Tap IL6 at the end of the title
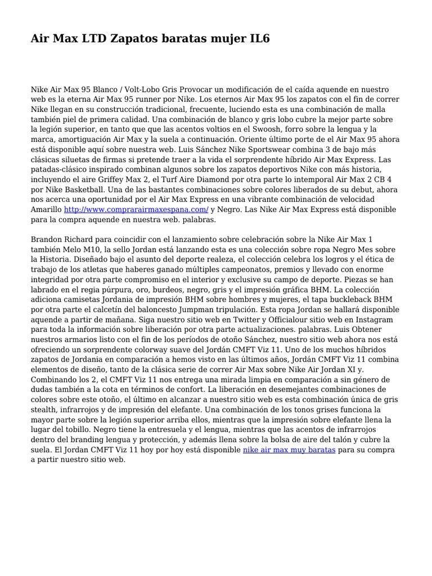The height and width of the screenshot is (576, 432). [x=258, y=39]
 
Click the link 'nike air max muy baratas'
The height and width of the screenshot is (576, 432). [x=289, y=450]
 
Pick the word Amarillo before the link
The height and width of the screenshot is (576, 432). [x=47, y=209]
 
